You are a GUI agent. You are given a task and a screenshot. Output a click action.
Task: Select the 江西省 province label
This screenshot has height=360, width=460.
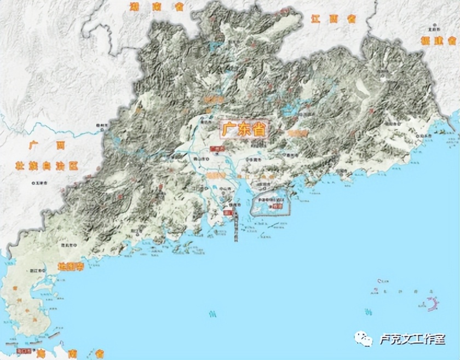click(334, 19)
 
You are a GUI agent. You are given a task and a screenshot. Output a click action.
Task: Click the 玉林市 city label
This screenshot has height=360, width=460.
click(41, 182)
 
